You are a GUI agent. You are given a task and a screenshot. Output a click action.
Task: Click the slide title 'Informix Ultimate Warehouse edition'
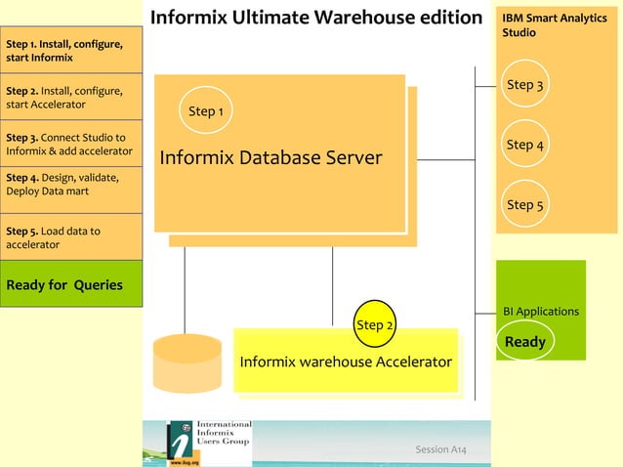(316, 18)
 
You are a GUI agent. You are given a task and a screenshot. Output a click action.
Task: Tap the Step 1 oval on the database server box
(206, 110)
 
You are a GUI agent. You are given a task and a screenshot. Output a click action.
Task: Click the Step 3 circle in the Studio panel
(525, 85)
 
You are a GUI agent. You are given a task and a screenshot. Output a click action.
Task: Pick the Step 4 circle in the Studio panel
(525, 145)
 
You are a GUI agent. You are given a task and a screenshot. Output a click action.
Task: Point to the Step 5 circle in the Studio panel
(525, 204)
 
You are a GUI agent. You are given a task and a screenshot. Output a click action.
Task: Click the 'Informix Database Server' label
(270, 157)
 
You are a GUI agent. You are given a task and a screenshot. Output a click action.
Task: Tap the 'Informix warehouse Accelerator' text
(346, 361)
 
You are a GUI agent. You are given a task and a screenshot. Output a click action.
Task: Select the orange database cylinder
(187, 362)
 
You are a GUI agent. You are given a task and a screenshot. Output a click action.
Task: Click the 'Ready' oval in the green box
(525, 342)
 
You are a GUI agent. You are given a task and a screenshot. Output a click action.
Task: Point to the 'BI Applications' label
(541, 311)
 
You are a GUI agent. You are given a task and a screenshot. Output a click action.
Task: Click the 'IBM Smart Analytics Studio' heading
(554, 25)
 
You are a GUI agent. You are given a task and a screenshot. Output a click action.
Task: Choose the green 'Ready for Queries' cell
(70, 284)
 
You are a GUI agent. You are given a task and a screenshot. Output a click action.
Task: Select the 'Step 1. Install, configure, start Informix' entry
(70, 51)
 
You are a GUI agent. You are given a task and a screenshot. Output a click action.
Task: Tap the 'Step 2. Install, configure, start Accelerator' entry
(70, 98)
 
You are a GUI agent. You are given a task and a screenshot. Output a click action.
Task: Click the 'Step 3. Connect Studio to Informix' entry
(70, 144)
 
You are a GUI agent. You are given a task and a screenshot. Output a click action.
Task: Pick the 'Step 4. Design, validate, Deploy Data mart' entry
(70, 190)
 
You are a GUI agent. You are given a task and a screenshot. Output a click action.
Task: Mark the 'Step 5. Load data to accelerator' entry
(70, 237)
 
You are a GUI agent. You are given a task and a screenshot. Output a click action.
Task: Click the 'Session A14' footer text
(440, 449)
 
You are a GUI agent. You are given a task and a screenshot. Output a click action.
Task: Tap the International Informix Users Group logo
(209, 443)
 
